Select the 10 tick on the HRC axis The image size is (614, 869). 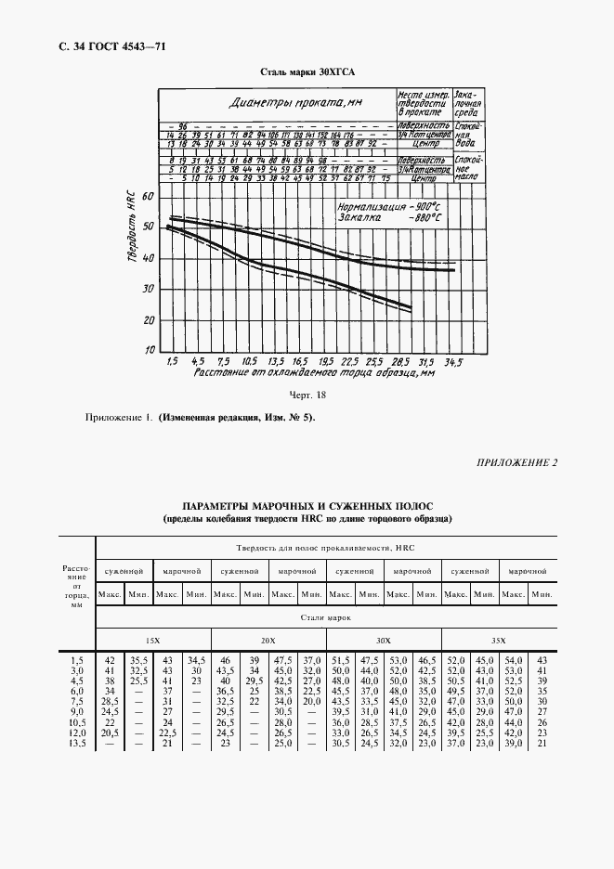coord(149,351)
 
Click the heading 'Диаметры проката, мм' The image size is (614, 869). coord(282,103)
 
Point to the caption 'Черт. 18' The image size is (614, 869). coord(309,394)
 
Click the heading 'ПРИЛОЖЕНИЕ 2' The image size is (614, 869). coord(517,462)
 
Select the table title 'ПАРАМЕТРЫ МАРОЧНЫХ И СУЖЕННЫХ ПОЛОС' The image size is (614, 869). coord(307,506)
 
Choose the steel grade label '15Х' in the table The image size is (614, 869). coord(151,642)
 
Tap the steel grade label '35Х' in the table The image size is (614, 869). coord(499,642)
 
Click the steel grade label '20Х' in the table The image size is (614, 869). coord(268,642)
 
